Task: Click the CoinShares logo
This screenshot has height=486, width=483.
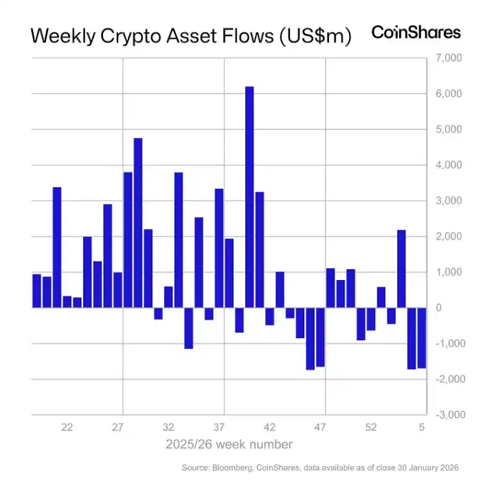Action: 416,32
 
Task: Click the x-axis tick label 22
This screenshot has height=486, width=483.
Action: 67,427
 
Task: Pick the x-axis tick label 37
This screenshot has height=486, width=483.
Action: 219,427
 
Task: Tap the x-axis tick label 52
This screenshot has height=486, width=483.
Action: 371,427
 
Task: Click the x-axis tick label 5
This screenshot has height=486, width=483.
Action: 422,427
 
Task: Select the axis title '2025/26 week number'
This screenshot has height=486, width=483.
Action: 229,444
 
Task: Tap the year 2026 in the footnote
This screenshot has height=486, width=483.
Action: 445,467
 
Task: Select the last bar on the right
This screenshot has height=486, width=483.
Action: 422,338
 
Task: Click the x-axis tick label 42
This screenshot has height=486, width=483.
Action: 270,427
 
